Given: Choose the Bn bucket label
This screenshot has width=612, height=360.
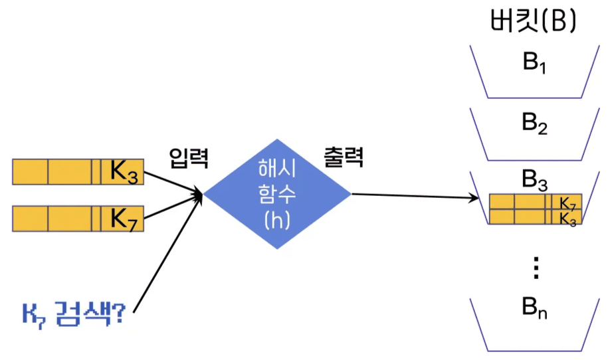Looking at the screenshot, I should pyautogui.click(x=534, y=308).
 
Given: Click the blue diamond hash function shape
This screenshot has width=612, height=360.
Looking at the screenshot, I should pyautogui.click(x=276, y=195).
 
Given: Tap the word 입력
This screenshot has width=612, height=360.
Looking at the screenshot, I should pyautogui.click(x=187, y=157).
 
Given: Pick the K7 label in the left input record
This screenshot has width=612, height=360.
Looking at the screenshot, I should pyautogui.click(x=124, y=218).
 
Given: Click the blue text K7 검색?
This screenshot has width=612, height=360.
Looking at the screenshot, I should pyautogui.click(x=72, y=312).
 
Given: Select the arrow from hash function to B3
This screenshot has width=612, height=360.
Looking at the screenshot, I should pyautogui.click(x=415, y=195).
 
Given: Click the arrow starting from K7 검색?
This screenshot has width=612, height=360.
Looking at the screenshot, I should pyautogui.click(x=166, y=253).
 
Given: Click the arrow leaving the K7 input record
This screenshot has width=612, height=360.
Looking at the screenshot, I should pyautogui.click(x=173, y=207).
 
